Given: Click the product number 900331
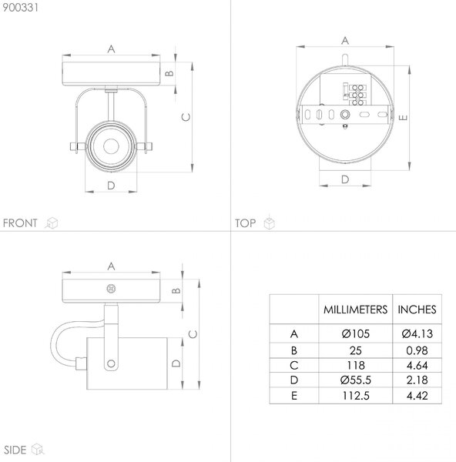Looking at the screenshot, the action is click(20, 8).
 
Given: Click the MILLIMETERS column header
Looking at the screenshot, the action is click(356, 310).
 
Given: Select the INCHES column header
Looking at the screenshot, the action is click(417, 310).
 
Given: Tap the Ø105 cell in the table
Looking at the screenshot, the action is click(356, 334).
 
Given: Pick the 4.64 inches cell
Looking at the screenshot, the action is click(417, 365).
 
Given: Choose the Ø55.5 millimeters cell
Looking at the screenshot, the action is click(356, 380).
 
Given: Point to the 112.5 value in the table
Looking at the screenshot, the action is click(356, 396).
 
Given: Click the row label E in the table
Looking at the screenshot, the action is click(294, 396).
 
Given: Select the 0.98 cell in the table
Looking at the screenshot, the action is click(417, 350).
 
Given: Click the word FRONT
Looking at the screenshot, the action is click(20, 223).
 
